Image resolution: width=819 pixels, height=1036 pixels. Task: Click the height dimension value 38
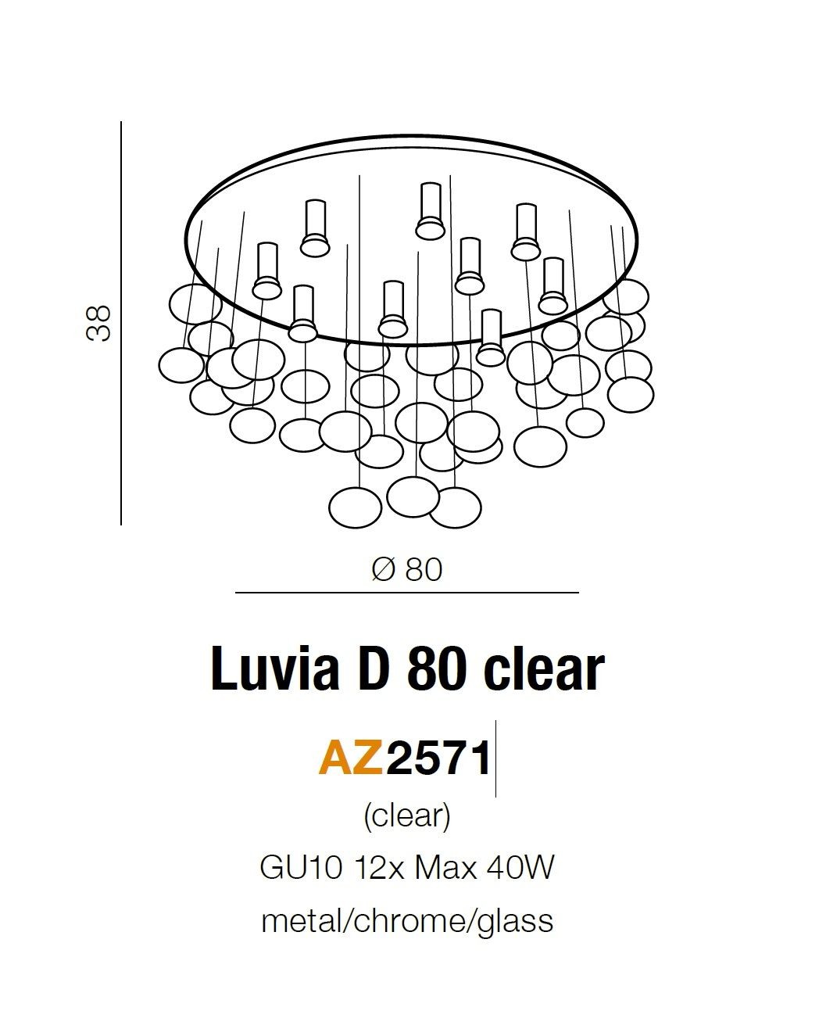pyautogui.click(x=98, y=323)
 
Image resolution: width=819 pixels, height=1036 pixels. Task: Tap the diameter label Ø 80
pyautogui.click(x=407, y=570)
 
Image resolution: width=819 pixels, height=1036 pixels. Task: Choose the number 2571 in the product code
pyautogui.click(x=439, y=758)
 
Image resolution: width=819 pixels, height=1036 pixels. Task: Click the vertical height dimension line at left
pyautogui.click(x=121, y=323)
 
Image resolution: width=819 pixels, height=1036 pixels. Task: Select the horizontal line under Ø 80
pyautogui.click(x=407, y=593)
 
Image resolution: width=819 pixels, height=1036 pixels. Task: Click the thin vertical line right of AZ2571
pyautogui.click(x=495, y=758)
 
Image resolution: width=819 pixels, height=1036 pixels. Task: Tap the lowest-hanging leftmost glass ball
pyautogui.click(x=356, y=508)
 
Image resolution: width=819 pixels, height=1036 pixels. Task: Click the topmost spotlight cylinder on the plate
pyautogui.click(x=431, y=210)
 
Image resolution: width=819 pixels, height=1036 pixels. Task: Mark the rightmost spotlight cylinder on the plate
pyautogui.click(x=553, y=286)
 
